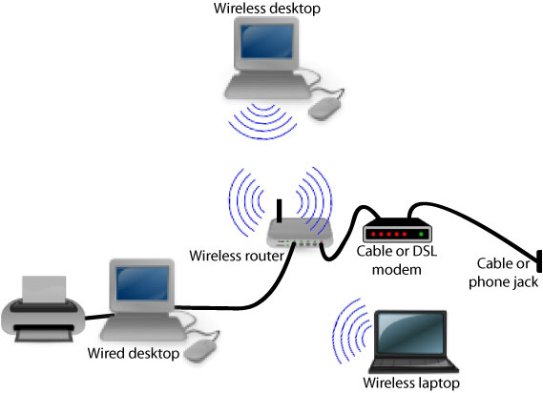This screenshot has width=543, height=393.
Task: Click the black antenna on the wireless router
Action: click(x=281, y=211)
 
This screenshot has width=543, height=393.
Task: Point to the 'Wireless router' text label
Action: click(x=230, y=256)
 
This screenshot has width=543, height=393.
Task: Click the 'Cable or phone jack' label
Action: click(x=506, y=273)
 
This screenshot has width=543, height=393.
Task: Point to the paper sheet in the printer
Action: click(x=44, y=286)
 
